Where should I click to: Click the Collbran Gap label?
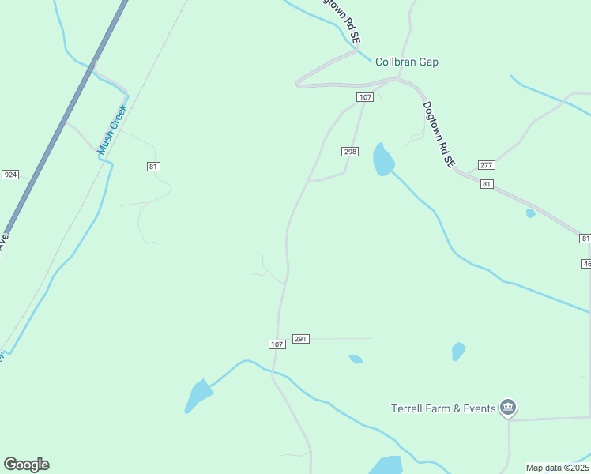pos(406,62)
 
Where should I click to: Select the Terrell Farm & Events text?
pos(444,408)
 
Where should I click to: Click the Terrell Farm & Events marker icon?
pos(508,408)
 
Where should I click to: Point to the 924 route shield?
pos(10,175)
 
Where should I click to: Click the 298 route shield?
pos(351,152)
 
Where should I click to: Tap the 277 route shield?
pos(486,165)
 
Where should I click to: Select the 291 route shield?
pos(300,339)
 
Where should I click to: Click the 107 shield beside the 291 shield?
pos(277,344)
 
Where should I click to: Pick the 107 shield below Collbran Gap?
pos(364,97)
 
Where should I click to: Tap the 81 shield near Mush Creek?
pos(153,166)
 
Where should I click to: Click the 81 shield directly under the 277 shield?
pos(486,184)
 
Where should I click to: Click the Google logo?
pos(26,465)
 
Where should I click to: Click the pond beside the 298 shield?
pos(383,161)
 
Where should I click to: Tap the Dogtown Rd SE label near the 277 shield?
pos(439,134)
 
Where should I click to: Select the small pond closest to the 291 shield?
pos(356,359)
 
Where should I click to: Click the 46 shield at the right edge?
pos(586,264)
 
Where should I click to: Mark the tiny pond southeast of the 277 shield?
pos(531,213)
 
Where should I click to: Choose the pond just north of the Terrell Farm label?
pos(458,351)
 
